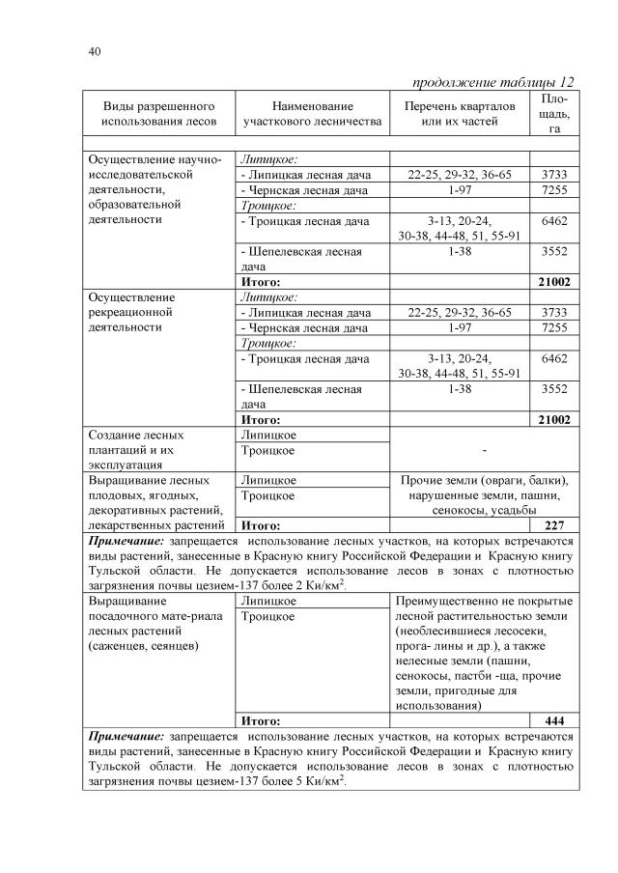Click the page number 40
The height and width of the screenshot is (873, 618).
(x=94, y=50)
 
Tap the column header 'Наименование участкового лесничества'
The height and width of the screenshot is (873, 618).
(x=312, y=113)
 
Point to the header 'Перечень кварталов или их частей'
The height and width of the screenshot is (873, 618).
(x=459, y=113)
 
